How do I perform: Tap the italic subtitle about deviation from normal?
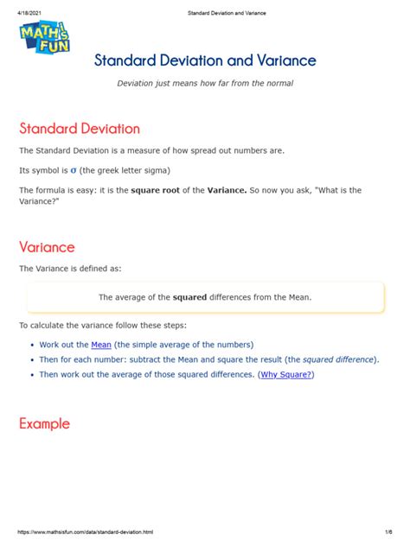(205, 83)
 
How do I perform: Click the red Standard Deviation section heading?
(79, 129)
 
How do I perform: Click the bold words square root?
(155, 189)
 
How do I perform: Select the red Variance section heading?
(47, 247)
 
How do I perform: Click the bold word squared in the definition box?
(190, 297)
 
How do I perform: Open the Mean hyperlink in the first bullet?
(101, 344)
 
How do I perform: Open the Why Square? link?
(286, 375)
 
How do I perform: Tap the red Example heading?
(44, 424)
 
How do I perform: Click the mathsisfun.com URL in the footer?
(86, 531)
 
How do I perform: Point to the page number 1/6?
(390, 531)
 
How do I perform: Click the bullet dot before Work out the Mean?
(32, 345)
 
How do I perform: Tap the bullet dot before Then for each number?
(32, 359)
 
